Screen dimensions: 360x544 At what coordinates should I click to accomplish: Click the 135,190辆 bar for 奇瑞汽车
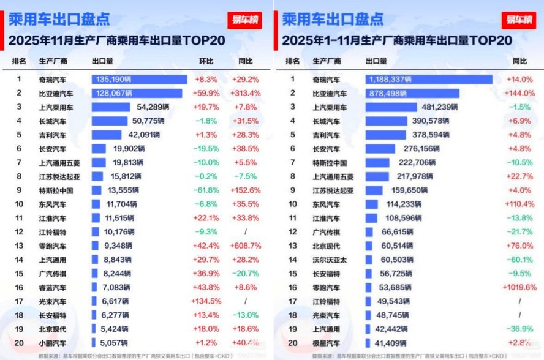tap(139, 79)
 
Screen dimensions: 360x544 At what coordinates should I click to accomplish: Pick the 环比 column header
tap(206, 61)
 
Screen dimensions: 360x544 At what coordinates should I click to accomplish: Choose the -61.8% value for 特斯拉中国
tap(206, 190)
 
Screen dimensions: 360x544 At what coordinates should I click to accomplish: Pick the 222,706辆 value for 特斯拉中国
tap(416, 162)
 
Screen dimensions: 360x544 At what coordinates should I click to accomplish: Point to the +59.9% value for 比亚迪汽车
tap(206, 93)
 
